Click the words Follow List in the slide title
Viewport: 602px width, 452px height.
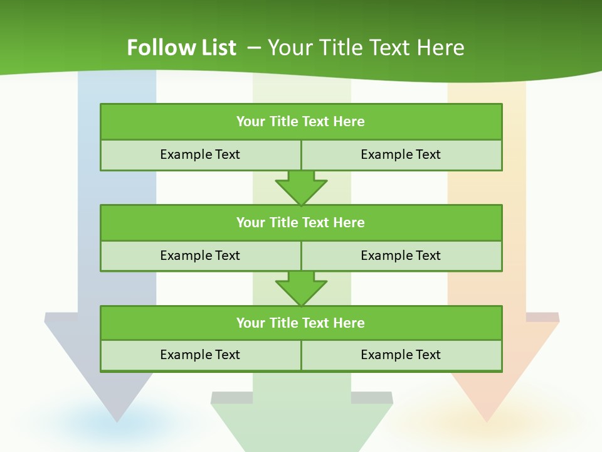181,48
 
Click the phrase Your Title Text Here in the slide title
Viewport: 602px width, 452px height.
366,48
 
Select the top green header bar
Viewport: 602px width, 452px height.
301,122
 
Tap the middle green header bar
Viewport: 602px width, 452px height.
301,222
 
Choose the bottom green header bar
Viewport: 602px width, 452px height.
301,323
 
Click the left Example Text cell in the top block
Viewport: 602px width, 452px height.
200,154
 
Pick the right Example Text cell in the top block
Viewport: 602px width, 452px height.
401,154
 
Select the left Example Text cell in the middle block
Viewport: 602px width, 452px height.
200,256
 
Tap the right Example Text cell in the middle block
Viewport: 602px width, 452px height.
401,256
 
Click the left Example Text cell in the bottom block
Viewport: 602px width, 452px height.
200,355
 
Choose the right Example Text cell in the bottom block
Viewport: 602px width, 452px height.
401,355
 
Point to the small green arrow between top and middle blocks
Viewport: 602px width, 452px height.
301,188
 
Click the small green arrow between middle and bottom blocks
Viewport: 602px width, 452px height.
301,288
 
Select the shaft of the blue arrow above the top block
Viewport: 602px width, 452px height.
117,88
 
